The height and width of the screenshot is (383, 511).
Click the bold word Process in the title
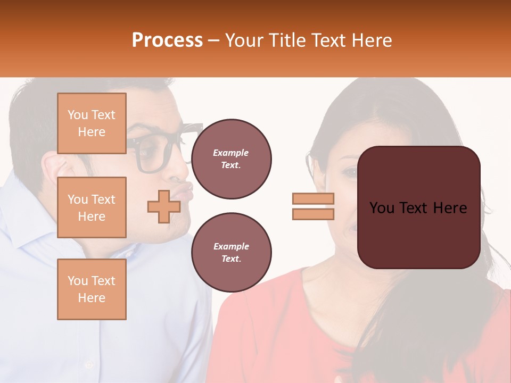click(167, 40)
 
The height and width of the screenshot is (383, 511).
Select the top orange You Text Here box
click(92, 123)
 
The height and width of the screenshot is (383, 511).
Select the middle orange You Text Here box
click(92, 207)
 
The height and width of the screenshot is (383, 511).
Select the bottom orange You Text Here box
click(92, 289)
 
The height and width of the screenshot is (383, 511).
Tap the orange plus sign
click(163, 206)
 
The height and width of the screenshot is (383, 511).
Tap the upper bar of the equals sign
click(313, 199)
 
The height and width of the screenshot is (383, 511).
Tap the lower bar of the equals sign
click(313, 214)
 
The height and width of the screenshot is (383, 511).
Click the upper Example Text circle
click(231, 159)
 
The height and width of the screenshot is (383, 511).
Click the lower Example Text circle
click(231, 253)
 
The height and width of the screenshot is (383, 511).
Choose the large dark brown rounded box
click(418, 207)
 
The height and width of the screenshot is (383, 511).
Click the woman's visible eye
click(350, 172)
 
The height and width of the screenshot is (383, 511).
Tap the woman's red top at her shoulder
click(266, 298)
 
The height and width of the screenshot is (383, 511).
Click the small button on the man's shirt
click(89, 365)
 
